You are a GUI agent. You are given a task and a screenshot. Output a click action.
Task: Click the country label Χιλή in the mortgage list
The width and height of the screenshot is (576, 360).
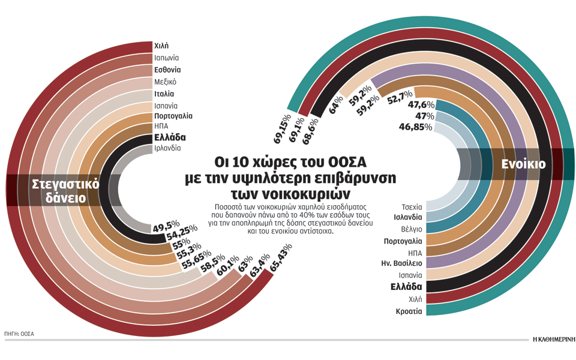coord(161,46)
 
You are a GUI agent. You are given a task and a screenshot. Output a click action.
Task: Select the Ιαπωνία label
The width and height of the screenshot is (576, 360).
coord(166,58)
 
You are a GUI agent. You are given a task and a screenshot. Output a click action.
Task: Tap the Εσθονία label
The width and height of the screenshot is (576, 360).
coord(167,70)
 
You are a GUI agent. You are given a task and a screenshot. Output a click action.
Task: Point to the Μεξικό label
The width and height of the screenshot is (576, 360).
coord(165,82)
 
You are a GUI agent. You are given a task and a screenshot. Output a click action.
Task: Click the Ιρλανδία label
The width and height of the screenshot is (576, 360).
coord(167,148)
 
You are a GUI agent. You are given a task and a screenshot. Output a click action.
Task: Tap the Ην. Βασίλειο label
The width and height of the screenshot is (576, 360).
coord(402,263)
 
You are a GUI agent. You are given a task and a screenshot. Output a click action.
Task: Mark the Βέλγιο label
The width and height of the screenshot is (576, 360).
coord(411,229)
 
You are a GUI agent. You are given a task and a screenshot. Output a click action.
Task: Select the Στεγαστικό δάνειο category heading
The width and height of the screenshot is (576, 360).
coord(57,191)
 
